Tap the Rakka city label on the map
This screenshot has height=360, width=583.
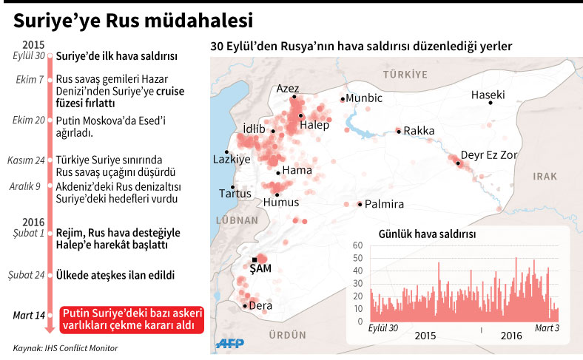(x=419, y=131)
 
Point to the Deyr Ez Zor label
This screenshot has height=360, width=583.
(x=488, y=154)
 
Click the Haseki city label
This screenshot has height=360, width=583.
(x=488, y=95)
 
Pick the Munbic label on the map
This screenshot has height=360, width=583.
(x=365, y=98)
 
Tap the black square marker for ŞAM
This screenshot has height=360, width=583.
(x=255, y=259)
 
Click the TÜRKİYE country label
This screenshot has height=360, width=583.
(x=405, y=75)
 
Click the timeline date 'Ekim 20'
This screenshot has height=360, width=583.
(x=30, y=120)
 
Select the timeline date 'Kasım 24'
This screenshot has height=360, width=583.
(x=28, y=160)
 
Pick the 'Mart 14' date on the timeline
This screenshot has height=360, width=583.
(x=29, y=316)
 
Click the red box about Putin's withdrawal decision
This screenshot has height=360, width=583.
(x=132, y=320)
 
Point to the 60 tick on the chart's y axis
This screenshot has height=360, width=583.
(x=357, y=245)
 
